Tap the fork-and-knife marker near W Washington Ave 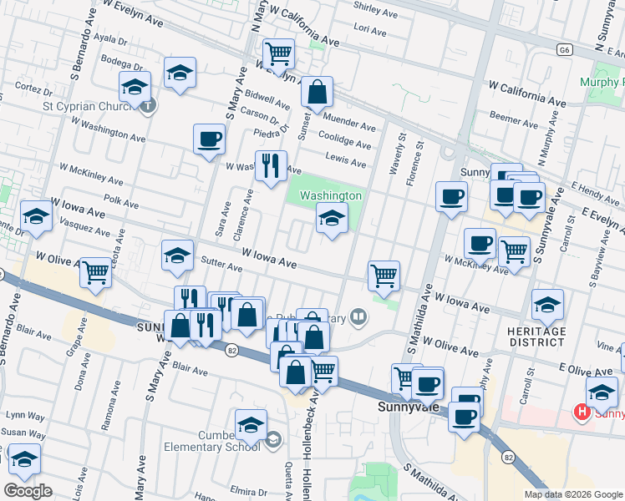click(x=270, y=166)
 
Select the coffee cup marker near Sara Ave click(x=209, y=139)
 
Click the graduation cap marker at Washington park click(x=332, y=219)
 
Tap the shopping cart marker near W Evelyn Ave click(x=278, y=54)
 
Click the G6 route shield click(x=566, y=50)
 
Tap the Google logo click(x=28, y=491)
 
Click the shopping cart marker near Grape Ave click(x=95, y=271)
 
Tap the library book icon click(x=358, y=316)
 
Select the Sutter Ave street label click(x=222, y=267)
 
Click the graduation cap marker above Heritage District click(x=547, y=305)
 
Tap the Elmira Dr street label click(x=248, y=491)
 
